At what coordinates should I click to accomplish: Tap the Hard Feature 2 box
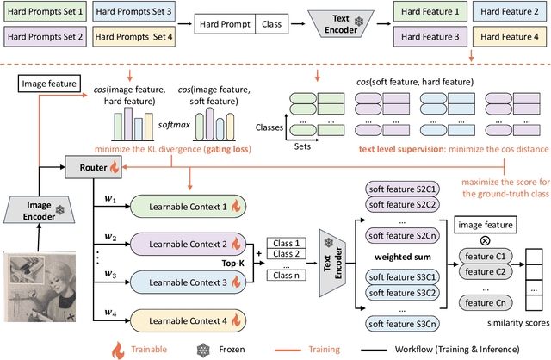coord(512,14)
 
